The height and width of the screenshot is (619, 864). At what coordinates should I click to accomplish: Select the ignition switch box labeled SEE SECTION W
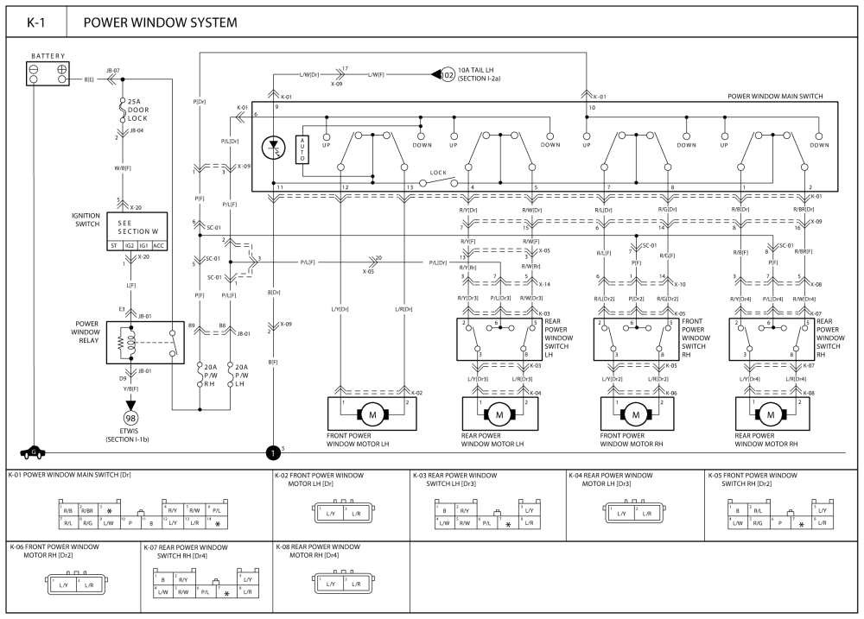(x=135, y=234)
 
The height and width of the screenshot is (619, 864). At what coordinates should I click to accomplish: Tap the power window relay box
(x=146, y=341)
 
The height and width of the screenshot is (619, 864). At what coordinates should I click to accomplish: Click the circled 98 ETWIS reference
(x=131, y=419)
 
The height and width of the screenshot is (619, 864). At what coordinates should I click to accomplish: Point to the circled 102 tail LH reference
(x=447, y=74)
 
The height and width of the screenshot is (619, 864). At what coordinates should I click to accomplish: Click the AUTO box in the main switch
(x=302, y=150)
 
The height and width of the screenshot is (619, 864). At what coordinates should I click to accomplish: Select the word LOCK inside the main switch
(x=437, y=174)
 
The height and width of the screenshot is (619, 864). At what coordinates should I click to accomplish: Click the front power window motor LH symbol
(x=372, y=414)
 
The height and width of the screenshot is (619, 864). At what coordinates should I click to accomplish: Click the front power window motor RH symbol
(x=635, y=414)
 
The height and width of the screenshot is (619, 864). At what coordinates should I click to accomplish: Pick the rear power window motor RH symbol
(x=770, y=414)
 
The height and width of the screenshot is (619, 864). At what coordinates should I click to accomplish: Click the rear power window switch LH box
(x=497, y=339)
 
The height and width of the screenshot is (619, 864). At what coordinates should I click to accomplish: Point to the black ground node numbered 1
(x=273, y=452)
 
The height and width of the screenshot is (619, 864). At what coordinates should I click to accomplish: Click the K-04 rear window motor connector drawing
(x=629, y=513)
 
